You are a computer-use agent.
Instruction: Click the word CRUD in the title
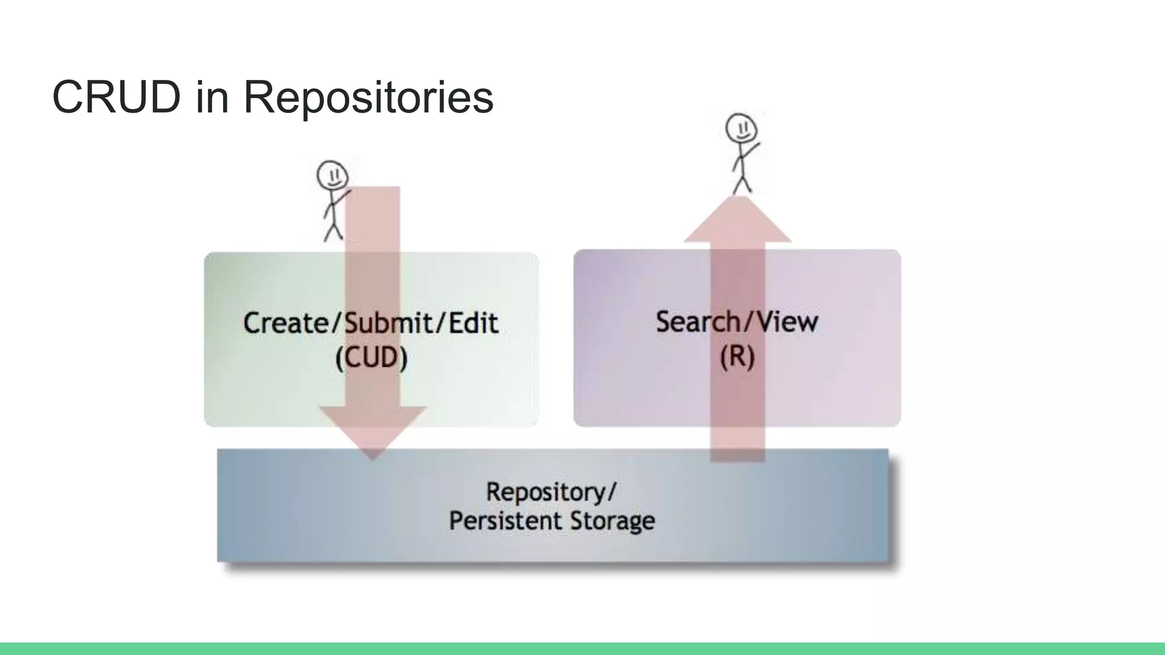pyautogui.click(x=116, y=97)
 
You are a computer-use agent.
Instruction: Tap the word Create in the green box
pyautogui.click(x=286, y=323)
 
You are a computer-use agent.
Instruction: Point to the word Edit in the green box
pyautogui.click(x=473, y=323)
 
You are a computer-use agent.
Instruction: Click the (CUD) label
pyautogui.click(x=371, y=358)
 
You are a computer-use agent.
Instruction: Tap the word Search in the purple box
pyautogui.click(x=697, y=322)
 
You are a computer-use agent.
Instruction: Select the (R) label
pyautogui.click(x=737, y=357)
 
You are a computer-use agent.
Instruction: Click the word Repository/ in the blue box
pyautogui.click(x=551, y=492)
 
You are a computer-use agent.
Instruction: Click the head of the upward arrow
pyautogui.click(x=738, y=219)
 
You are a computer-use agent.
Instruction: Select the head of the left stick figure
pyautogui.click(x=332, y=175)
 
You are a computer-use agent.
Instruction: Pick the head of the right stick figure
pyautogui.click(x=741, y=128)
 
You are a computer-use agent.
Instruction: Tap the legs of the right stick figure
pyautogui.click(x=742, y=184)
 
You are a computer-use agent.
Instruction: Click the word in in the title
pyautogui.click(x=212, y=97)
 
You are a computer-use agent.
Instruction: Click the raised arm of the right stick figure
pyautogui.click(x=752, y=150)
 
